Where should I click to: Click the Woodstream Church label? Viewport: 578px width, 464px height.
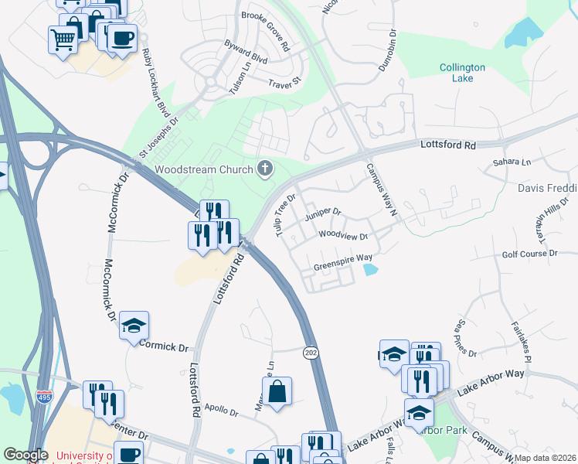(x=204, y=169)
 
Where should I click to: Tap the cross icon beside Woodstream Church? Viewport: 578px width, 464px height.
(x=266, y=169)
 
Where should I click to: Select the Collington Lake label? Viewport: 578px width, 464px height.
(x=463, y=73)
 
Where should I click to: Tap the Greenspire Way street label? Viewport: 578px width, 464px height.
(x=343, y=262)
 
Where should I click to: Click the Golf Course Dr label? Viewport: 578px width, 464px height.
(x=529, y=253)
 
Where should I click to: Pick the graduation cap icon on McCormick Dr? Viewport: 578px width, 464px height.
(x=134, y=326)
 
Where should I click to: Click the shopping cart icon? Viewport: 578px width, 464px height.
(x=63, y=38)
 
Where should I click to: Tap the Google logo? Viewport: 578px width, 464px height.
(x=25, y=455)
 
